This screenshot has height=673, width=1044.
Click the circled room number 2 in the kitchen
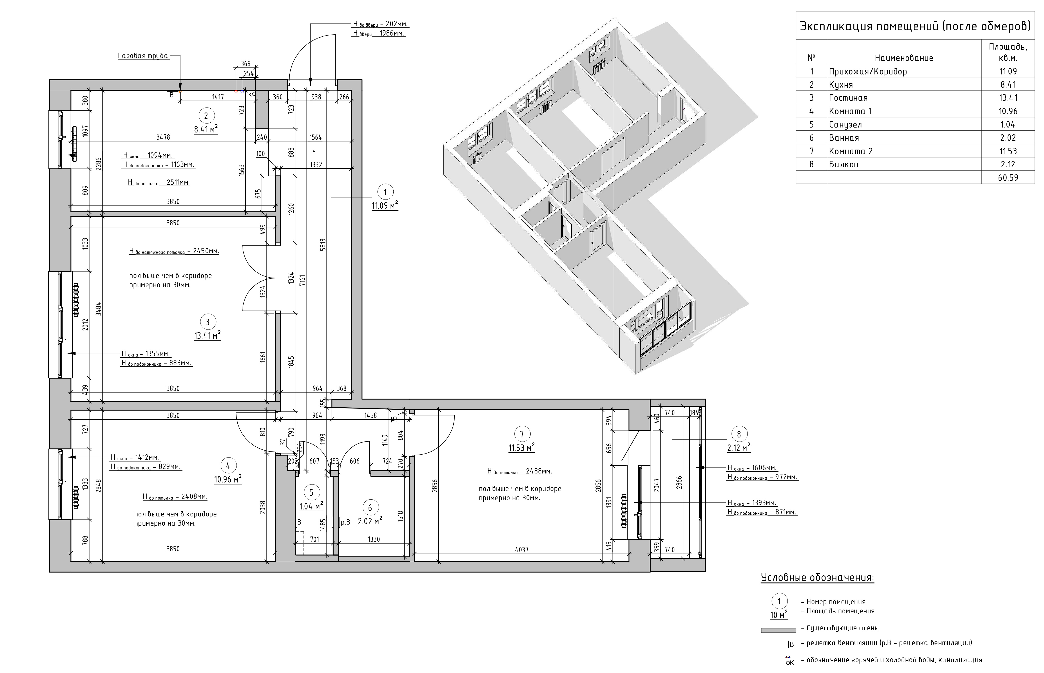coord(206,116)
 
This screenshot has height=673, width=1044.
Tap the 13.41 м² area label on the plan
coord(207,336)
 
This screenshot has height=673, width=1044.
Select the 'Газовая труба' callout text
coord(143,56)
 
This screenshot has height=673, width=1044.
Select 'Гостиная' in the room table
coord(848,98)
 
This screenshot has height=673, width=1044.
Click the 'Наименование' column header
coord(904,58)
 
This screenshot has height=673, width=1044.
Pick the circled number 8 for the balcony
coord(739,434)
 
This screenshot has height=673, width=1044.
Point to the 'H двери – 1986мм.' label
coord(379,33)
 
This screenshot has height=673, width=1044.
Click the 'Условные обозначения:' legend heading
coord(817,578)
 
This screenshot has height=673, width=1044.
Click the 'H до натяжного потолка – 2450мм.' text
coord(174,251)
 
